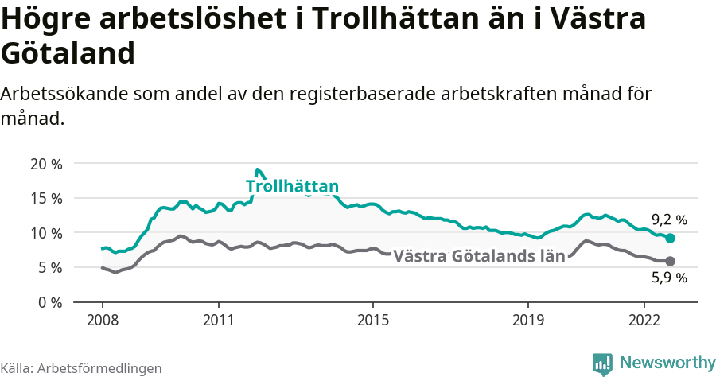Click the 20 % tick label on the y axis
tap(45, 165)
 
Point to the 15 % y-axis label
tap(45, 199)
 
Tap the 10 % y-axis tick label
tap(45, 234)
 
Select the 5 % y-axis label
tap(49, 268)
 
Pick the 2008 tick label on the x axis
tap(103, 320)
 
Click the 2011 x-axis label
tap(219, 320)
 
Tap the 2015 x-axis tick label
tap(373, 320)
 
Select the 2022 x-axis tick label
tap(644, 320)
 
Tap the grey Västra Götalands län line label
tap(479, 256)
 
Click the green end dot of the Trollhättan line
tap(670, 238)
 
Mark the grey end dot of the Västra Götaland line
tap(670, 261)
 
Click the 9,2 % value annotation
tap(669, 220)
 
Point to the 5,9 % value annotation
tap(669, 278)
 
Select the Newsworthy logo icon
tap(602, 363)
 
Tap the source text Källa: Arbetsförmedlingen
tap(81, 368)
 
